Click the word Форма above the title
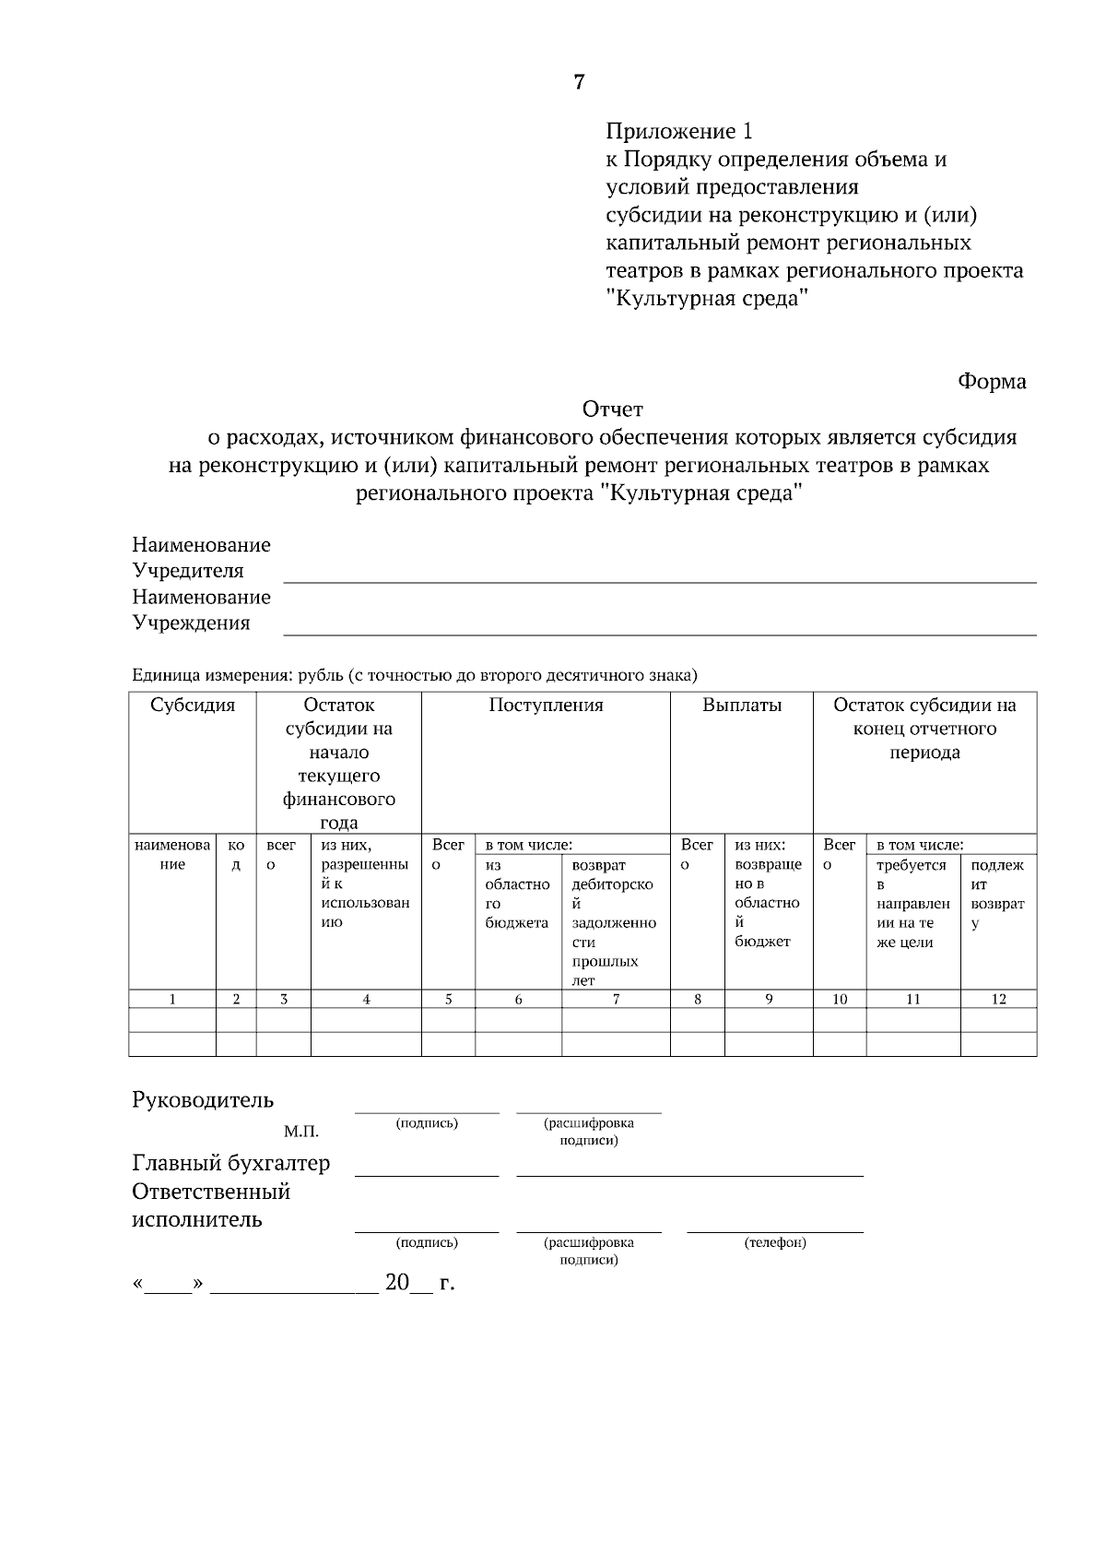pos(992,382)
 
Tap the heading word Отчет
pos(612,409)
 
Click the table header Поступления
pos(546,706)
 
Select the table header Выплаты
pos(742,706)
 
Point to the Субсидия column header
pos(193,706)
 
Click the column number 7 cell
pos(616,999)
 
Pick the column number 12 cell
pos(998,999)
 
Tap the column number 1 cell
pos(172,999)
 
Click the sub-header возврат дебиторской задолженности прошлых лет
pos(613,922)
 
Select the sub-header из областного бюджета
pos(517,894)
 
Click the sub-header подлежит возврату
pos(997,894)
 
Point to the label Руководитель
pos(203,1100)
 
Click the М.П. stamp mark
pos(301,1132)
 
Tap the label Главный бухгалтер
pos(230,1163)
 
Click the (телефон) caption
pos(775,1242)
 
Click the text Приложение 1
pos(678,131)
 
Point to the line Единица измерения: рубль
pos(415,675)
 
